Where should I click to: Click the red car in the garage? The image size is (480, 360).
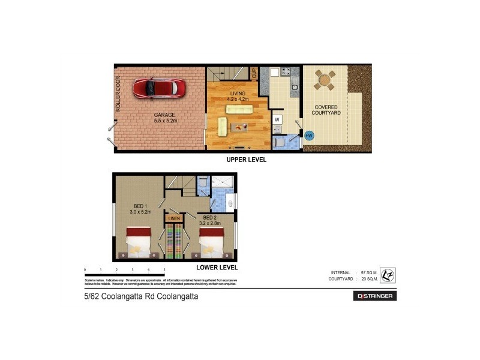pos(160,88)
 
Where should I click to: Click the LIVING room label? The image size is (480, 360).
pos(236,94)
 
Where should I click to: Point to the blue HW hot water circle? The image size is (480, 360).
pos(309,136)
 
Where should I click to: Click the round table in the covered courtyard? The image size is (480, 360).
pos(325,80)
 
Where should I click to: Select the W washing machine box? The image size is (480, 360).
pos(277,119)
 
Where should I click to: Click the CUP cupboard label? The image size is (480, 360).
pos(254,74)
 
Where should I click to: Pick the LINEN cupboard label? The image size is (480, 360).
pos(174,218)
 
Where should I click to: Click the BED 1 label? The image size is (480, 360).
pos(139,208)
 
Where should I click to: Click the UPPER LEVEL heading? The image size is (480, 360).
pos(246,160)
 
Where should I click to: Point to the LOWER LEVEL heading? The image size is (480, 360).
pos(217,268)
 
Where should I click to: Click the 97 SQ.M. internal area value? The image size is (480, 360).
pos(371,272)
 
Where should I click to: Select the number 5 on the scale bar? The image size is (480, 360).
pos(164,271)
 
